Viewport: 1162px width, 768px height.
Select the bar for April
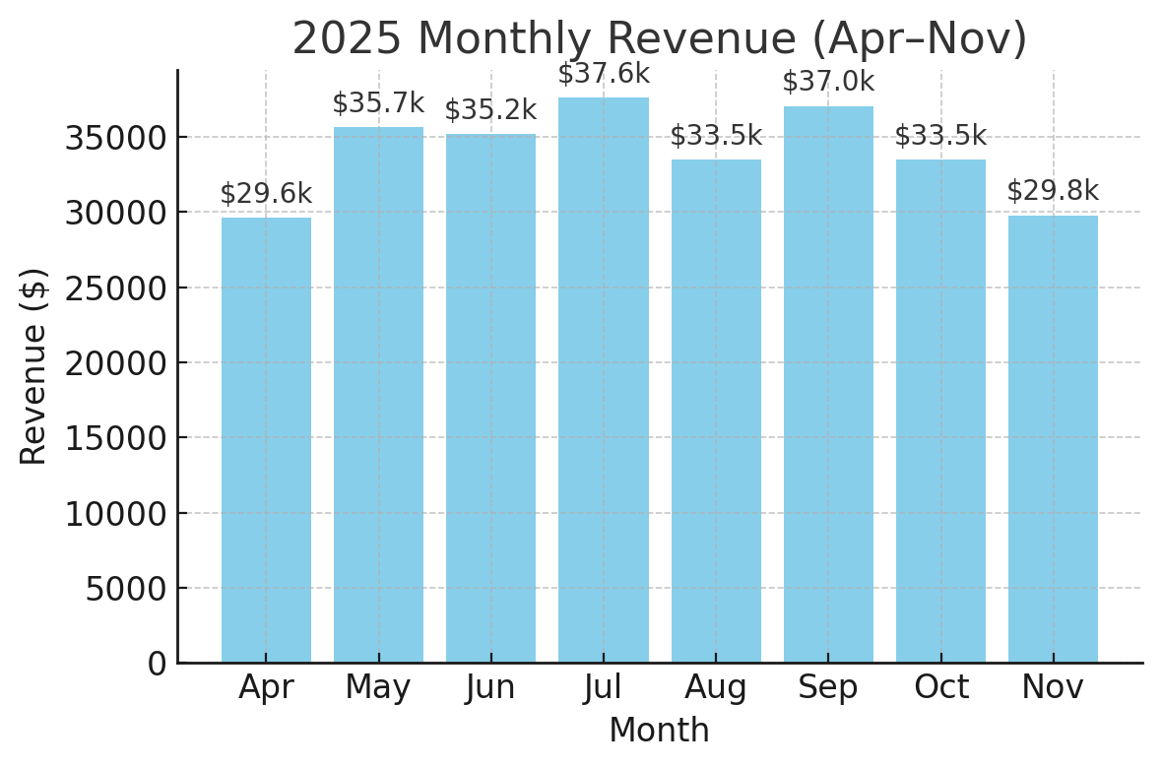coord(266,440)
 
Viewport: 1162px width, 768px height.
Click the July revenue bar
coord(604,380)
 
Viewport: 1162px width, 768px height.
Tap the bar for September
coord(828,384)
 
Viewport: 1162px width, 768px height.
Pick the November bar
coord(1053,439)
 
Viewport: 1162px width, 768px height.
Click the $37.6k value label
coord(604,74)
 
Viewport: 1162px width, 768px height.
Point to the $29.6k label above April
coord(266,194)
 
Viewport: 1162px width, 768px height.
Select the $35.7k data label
coord(378,103)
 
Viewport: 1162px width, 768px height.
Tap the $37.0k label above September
coord(828,82)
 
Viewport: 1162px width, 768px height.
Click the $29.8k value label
coord(1053,191)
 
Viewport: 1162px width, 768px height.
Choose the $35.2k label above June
coord(490,110)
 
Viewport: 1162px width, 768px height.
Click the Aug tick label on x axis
coord(716,687)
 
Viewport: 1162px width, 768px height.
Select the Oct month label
coord(941,687)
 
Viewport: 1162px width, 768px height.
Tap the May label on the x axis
coord(378,687)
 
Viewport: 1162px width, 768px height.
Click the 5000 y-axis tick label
coord(125,589)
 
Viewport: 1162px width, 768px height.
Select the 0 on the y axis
coord(158,664)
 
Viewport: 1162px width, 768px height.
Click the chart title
coord(660,39)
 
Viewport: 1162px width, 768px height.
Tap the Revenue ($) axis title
coord(34,366)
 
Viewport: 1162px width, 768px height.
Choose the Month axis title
coord(659,731)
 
